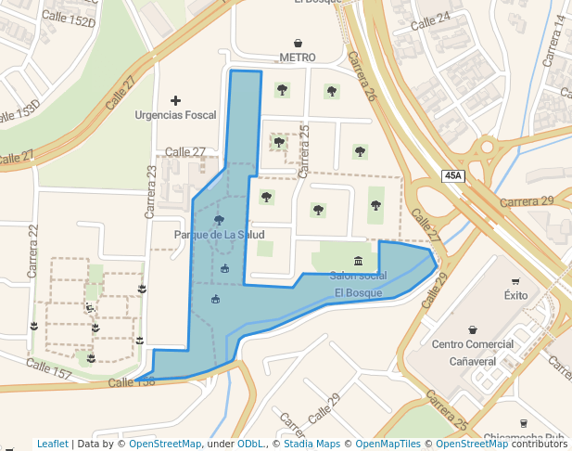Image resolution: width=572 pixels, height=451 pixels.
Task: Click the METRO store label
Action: point(297,57)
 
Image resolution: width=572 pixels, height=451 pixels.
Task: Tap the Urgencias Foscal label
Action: point(175,115)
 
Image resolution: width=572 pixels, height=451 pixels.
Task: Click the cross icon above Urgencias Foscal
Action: point(175,99)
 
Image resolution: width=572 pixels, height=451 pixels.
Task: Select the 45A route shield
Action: point(452,175)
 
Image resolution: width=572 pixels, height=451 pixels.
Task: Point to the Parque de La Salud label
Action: point(219,235)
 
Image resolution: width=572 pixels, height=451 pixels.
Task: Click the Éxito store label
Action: point(515,295)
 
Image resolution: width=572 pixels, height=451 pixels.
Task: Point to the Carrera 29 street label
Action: point(526,201)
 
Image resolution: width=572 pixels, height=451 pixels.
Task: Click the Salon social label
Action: point(358,276)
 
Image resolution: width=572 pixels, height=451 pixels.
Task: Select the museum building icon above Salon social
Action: point(359,260)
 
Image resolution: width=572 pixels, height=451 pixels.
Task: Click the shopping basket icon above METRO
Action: point(298,43)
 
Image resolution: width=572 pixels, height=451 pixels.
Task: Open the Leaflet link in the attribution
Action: point(52,445)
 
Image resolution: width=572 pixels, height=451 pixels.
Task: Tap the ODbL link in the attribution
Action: point(250,445)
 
